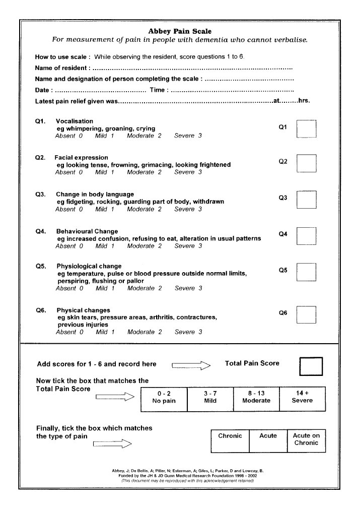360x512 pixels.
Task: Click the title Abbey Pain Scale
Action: pyautogui.click(x=180, y=31)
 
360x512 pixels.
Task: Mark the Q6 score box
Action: pyautogui.click(x=306, y=314)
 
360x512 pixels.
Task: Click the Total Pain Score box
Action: pyautogui.click(x=311, y=366)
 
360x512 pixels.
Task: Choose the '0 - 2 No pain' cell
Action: pyautogui.click(x=164, y=397)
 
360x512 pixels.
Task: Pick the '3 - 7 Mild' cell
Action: pyautogui.click(x=210, y=397)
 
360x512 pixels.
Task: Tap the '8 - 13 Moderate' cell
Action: pyautogui.click(x=256, y=397)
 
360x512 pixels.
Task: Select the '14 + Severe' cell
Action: pyautogui.click(x=302, y=397)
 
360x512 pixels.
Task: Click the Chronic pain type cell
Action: pyautogui.click(x=230, y=440)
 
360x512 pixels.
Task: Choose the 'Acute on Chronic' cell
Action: pyautogui.click(x=306, y=440)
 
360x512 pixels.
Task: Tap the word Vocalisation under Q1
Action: pyautogui.click(x=75, y=121)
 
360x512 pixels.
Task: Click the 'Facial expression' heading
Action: pyautogui.click(x=81, y=158)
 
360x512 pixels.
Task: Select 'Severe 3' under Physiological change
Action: pyautogui.click(x=188, y=288)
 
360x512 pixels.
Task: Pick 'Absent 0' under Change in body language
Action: pyautogui.click(x=68, y=209)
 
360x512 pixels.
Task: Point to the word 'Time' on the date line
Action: pyautogui.click(x=158, y=90)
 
